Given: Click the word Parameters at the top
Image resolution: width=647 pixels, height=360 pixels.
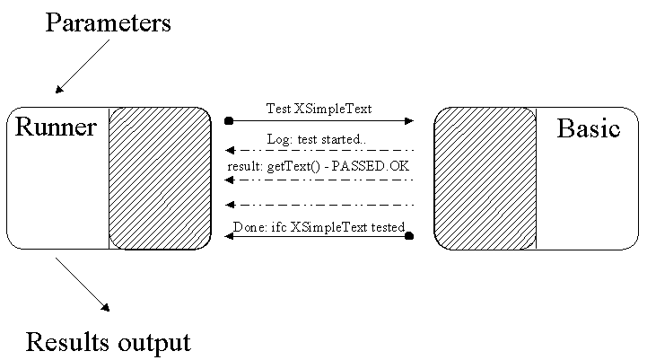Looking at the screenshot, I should [x=108, y=22].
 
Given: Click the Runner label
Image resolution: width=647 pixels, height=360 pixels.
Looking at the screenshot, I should [x=56, y=127].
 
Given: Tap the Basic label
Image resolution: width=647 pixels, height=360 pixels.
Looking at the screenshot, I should [x=589, y=128].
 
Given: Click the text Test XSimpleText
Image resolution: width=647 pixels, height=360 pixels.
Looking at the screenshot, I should [x=319, y=109].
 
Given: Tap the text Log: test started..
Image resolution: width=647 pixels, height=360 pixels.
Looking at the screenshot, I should [x=316, y=139].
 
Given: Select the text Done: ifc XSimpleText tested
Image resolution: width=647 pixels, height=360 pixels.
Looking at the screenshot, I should [x=319, y=226].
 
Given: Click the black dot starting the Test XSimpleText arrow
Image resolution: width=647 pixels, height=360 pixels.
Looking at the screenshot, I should [x=229, y=119].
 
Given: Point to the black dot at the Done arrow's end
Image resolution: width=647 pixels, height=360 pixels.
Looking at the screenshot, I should [x=409, y=236].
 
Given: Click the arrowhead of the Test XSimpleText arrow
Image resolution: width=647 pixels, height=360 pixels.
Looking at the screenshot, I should [x=408, y=119].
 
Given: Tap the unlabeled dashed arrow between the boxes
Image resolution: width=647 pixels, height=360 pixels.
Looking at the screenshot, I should [x=319, y=205].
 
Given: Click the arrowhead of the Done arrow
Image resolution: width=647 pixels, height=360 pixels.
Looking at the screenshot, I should [x=230, y=236].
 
